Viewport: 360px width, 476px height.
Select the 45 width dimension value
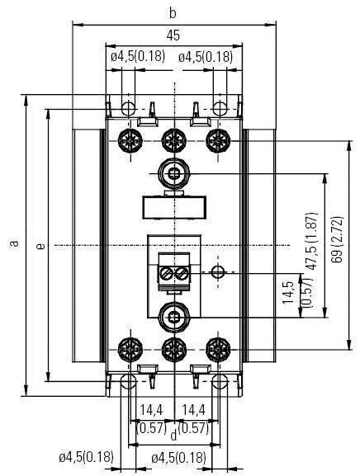pyautogui.click(x=173, y=35)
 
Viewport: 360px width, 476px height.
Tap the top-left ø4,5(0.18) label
pyautogui.click(x=137, y=57)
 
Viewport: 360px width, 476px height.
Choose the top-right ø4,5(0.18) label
pyautogui.click(x=206, y=57)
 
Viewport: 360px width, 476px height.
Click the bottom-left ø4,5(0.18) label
pyautogui.click(x=86, y=457)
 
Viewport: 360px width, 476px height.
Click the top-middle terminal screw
pyautogui.click(x=173, y=138)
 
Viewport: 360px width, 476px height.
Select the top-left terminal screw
pyautogui.click(x=129, y=138)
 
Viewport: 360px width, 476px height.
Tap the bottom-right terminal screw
pyautogui.click(x=217, y=347)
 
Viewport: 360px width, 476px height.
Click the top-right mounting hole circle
pyautogui.click(x=220, y=108)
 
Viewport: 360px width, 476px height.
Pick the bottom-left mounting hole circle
pyautogui.click(x=127, y=381)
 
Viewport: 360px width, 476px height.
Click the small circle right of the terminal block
pyautogui.click(x=217, y=271)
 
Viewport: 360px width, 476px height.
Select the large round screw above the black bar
pyautogui.click(x=173, y=172)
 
